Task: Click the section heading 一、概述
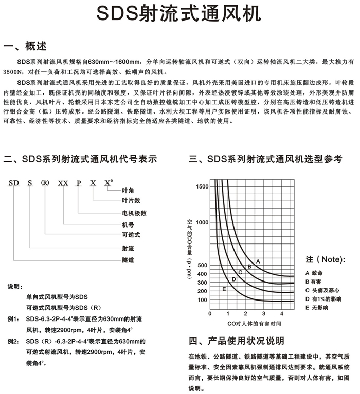click(25, 47)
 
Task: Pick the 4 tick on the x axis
click(281, 313)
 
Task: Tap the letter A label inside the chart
click(258, 261)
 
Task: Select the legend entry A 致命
click(314, 273)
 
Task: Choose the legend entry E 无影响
click(317, 307)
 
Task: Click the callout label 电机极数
click(134, 213)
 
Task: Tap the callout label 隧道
click(128, 260)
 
